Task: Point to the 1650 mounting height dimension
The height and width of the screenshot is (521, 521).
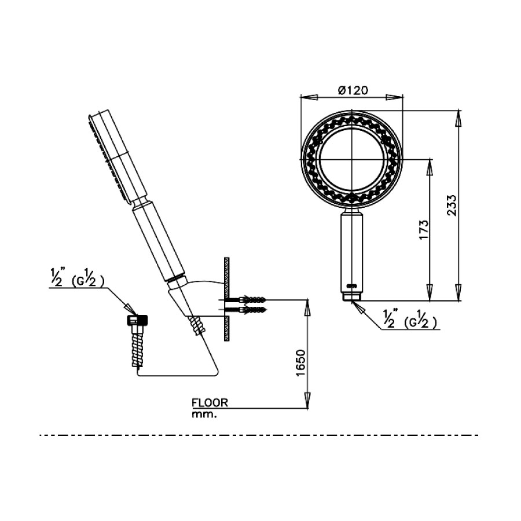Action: click(x=300, y=363)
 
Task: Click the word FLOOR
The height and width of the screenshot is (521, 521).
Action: click(x=210, y=402)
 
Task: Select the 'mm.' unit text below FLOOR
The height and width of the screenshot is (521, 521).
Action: click(x=203, y=414)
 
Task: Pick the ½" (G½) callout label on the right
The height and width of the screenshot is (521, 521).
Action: click(x=409, y=320)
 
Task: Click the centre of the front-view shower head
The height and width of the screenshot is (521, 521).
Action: click(x=351, y=160)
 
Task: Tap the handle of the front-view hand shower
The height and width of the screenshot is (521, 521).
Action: click(x=351, y=252)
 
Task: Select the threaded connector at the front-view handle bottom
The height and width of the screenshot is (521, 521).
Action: click(x=351, y=297)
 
